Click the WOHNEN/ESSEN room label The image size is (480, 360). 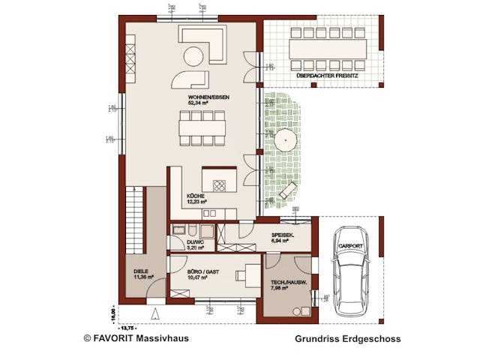click(x=208, y=98)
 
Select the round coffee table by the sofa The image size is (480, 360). click(x=193, y=56)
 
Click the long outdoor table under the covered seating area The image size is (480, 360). click(x=328, y=49)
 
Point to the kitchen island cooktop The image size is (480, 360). click(x=220, y=184)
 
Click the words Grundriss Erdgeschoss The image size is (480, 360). click(x=347, y=339)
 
